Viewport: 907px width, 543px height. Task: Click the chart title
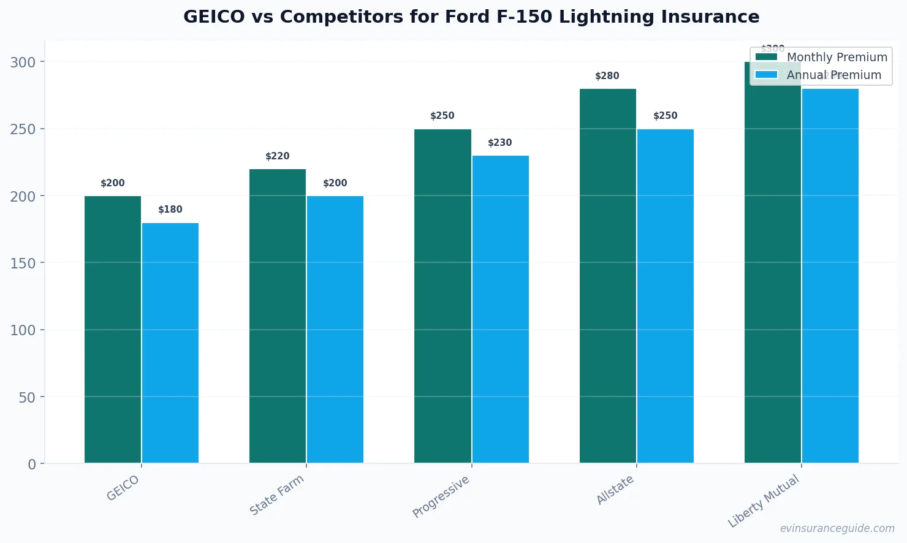pos(471,17)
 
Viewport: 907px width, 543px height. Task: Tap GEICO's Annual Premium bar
pos(170,343)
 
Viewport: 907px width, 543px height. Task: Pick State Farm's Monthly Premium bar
pos(278,316)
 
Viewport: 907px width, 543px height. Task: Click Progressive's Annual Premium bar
pos(500,309)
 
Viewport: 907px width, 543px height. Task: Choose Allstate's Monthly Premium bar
pos(607,276)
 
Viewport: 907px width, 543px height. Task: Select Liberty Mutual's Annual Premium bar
pos(830,276)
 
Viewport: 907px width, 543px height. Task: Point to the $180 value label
pos(170,210)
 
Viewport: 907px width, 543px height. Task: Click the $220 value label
pos(278,156)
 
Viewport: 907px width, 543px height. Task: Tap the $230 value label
pos(500,143)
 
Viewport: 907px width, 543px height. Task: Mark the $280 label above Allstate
pos(607,76)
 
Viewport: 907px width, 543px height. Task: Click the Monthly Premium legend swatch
pos(766,57)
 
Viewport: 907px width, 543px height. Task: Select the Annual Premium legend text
pos(834,75)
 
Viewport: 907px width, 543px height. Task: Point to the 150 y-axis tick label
pos(23,263)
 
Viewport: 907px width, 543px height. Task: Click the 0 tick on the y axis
pos(32,464)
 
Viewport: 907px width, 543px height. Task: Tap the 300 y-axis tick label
pos(23,63)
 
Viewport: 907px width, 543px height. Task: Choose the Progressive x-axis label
pos(441,496)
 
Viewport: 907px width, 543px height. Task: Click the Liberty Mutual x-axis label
pos(764,501)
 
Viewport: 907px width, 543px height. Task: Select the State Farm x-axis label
pos(277,495)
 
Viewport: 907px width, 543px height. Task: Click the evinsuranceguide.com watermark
pos(837,528)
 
